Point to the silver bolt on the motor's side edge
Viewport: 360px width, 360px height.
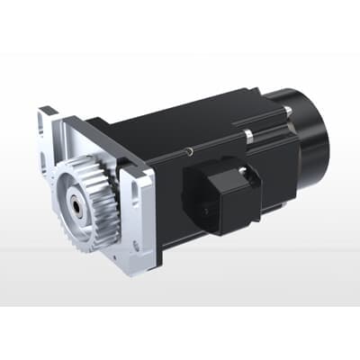(x=248, y=136)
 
